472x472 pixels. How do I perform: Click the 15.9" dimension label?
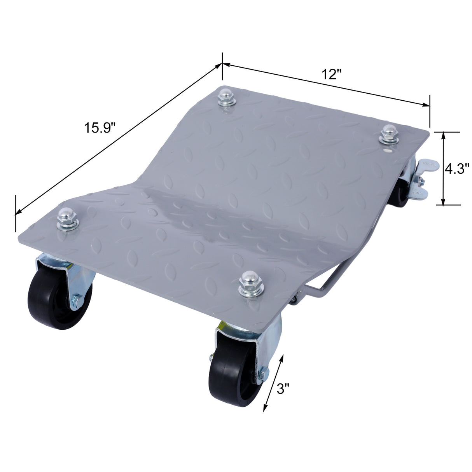click(x=100, y=128)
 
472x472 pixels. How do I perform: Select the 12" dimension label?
click(x=331, y=73)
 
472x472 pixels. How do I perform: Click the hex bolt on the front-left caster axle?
click(x=76, y=300)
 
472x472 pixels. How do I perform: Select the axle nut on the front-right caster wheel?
click(x=262, y=374)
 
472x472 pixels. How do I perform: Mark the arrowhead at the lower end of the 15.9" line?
click(x=17, y=213)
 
